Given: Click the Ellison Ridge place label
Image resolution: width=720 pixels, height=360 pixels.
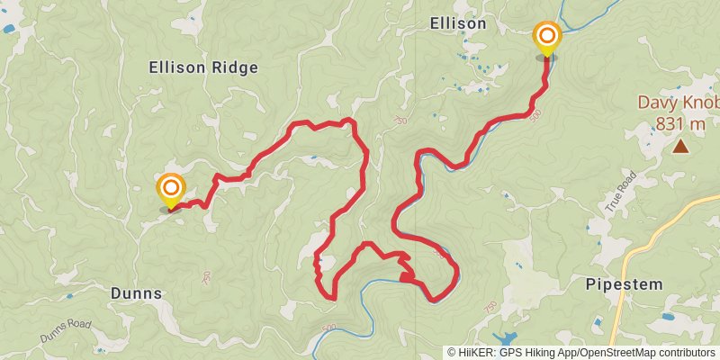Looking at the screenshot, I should pos(203,67).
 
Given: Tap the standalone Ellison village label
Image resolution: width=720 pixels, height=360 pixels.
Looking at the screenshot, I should pos(458,23).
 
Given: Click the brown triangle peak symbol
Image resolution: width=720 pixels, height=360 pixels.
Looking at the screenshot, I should pos(681,145).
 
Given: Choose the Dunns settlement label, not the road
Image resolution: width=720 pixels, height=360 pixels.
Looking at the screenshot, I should pos(136,293).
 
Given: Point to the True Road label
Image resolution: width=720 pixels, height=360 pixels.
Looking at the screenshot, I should pos(621,191).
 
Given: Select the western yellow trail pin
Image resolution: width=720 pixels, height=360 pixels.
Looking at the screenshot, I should pos(170,191).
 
